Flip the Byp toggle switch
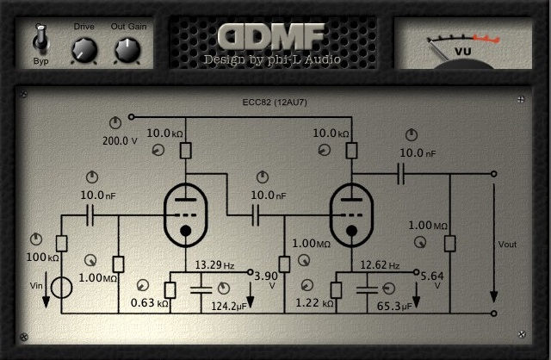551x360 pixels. click(40, 39)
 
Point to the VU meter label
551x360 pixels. click(463, 52)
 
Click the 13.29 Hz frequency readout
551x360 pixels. click(214, 265)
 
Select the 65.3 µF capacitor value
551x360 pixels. click(394, 306)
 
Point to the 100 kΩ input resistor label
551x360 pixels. click(41, 258)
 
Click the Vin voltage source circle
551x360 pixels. click(61, 287)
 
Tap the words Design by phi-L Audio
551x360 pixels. click(271, 59)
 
